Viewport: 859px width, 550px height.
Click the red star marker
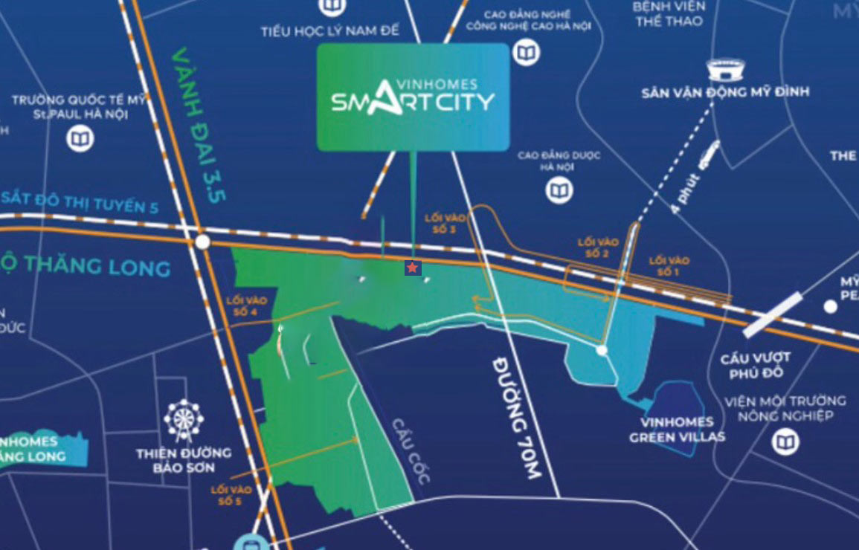(x=412, y=268)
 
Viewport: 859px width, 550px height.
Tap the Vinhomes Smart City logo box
(x=413, y=97)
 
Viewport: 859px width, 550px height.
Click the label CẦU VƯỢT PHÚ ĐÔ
(x=755, y=364)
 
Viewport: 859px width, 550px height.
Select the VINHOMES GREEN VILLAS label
(x=677, y=430)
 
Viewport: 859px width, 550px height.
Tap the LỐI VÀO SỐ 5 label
(x=231, y=495)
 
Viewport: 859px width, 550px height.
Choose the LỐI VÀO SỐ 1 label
(x=669, y=266)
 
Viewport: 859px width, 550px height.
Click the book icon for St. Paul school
(x=80, y=139)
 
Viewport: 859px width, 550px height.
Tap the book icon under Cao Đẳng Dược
(x=559, y=190)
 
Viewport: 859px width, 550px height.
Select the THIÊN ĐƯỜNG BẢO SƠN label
(x=184, y=460)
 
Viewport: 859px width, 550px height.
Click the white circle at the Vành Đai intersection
(x=202, y=242)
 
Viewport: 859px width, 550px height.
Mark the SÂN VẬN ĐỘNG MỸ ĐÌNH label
(x=725, y=92)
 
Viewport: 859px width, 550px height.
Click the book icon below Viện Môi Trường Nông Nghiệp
(x=784, y=443)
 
